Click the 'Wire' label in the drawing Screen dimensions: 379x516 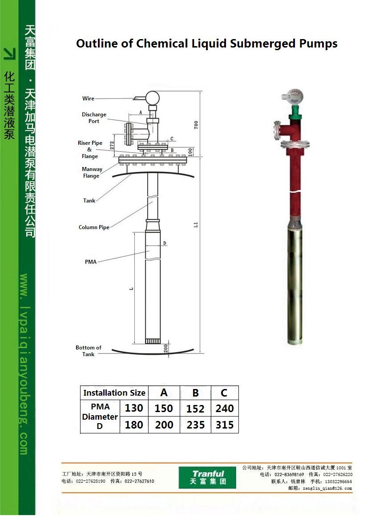click(x=88, y=99)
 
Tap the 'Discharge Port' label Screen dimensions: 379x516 click(x=94, y=118)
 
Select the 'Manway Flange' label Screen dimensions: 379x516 click(x=92, y=172)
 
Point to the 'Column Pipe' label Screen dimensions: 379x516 click(x=94, y=227)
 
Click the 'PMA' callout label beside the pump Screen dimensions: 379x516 click(x=91, y=262)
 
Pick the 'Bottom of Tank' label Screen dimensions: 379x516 click(x=89, y=351)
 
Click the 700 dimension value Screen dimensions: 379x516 click(x=196, y=125)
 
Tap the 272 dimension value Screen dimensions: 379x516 click(x=112, y=145)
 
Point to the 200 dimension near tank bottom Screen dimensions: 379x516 click(x=166, y=349)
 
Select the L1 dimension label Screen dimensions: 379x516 click(x=196, y=225)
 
